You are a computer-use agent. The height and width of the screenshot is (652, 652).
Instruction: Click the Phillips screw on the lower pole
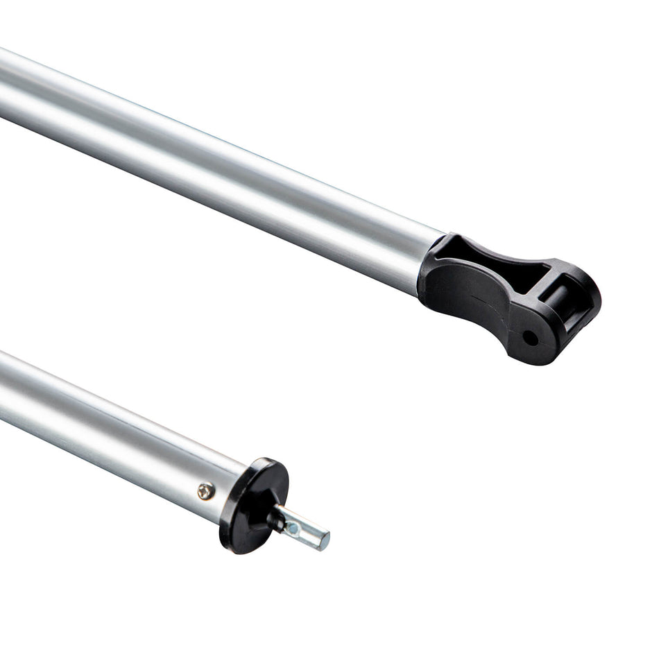point(206,491)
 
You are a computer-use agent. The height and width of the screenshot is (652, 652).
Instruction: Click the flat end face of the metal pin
point(323,540)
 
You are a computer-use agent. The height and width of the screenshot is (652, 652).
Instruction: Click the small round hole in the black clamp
point(530,338)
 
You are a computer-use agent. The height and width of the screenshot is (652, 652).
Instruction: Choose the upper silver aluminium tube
point(208,166)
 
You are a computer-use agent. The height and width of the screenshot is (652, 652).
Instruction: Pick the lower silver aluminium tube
point(104,430)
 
